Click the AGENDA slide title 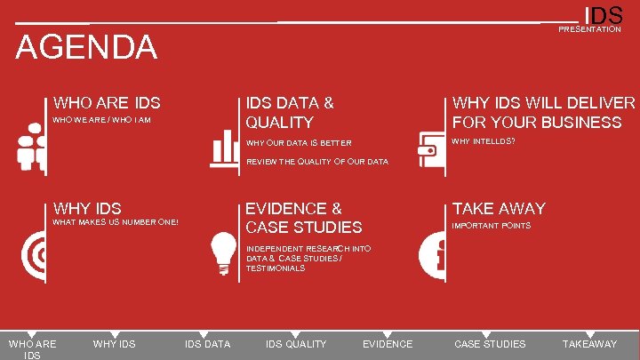[86, 47]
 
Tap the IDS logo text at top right [603, 15]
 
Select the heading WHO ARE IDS [107, 103]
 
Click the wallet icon [431, 148]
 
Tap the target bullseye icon [34, 255]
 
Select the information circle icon [431, 255]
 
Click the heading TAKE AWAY [499, 208]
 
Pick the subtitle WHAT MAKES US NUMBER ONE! [116, 221]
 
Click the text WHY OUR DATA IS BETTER [299, 143]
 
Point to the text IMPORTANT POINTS [492, 226]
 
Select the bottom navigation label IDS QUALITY [296, 344]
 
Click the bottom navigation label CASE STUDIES [490, 344]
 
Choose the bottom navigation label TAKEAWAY [589, 344]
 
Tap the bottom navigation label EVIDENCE [388, 344]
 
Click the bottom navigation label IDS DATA [207, 344]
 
